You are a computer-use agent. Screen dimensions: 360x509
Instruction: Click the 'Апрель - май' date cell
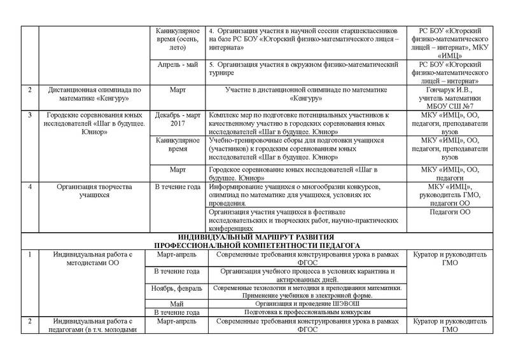pos(178,64)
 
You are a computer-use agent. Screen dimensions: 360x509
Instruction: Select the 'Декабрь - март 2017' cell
pos(178,118)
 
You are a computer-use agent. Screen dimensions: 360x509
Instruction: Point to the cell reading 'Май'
pos(178,304)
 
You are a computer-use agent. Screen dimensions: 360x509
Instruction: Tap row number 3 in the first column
pos(30,114)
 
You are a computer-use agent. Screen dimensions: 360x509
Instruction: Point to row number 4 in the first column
pos(30,186)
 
